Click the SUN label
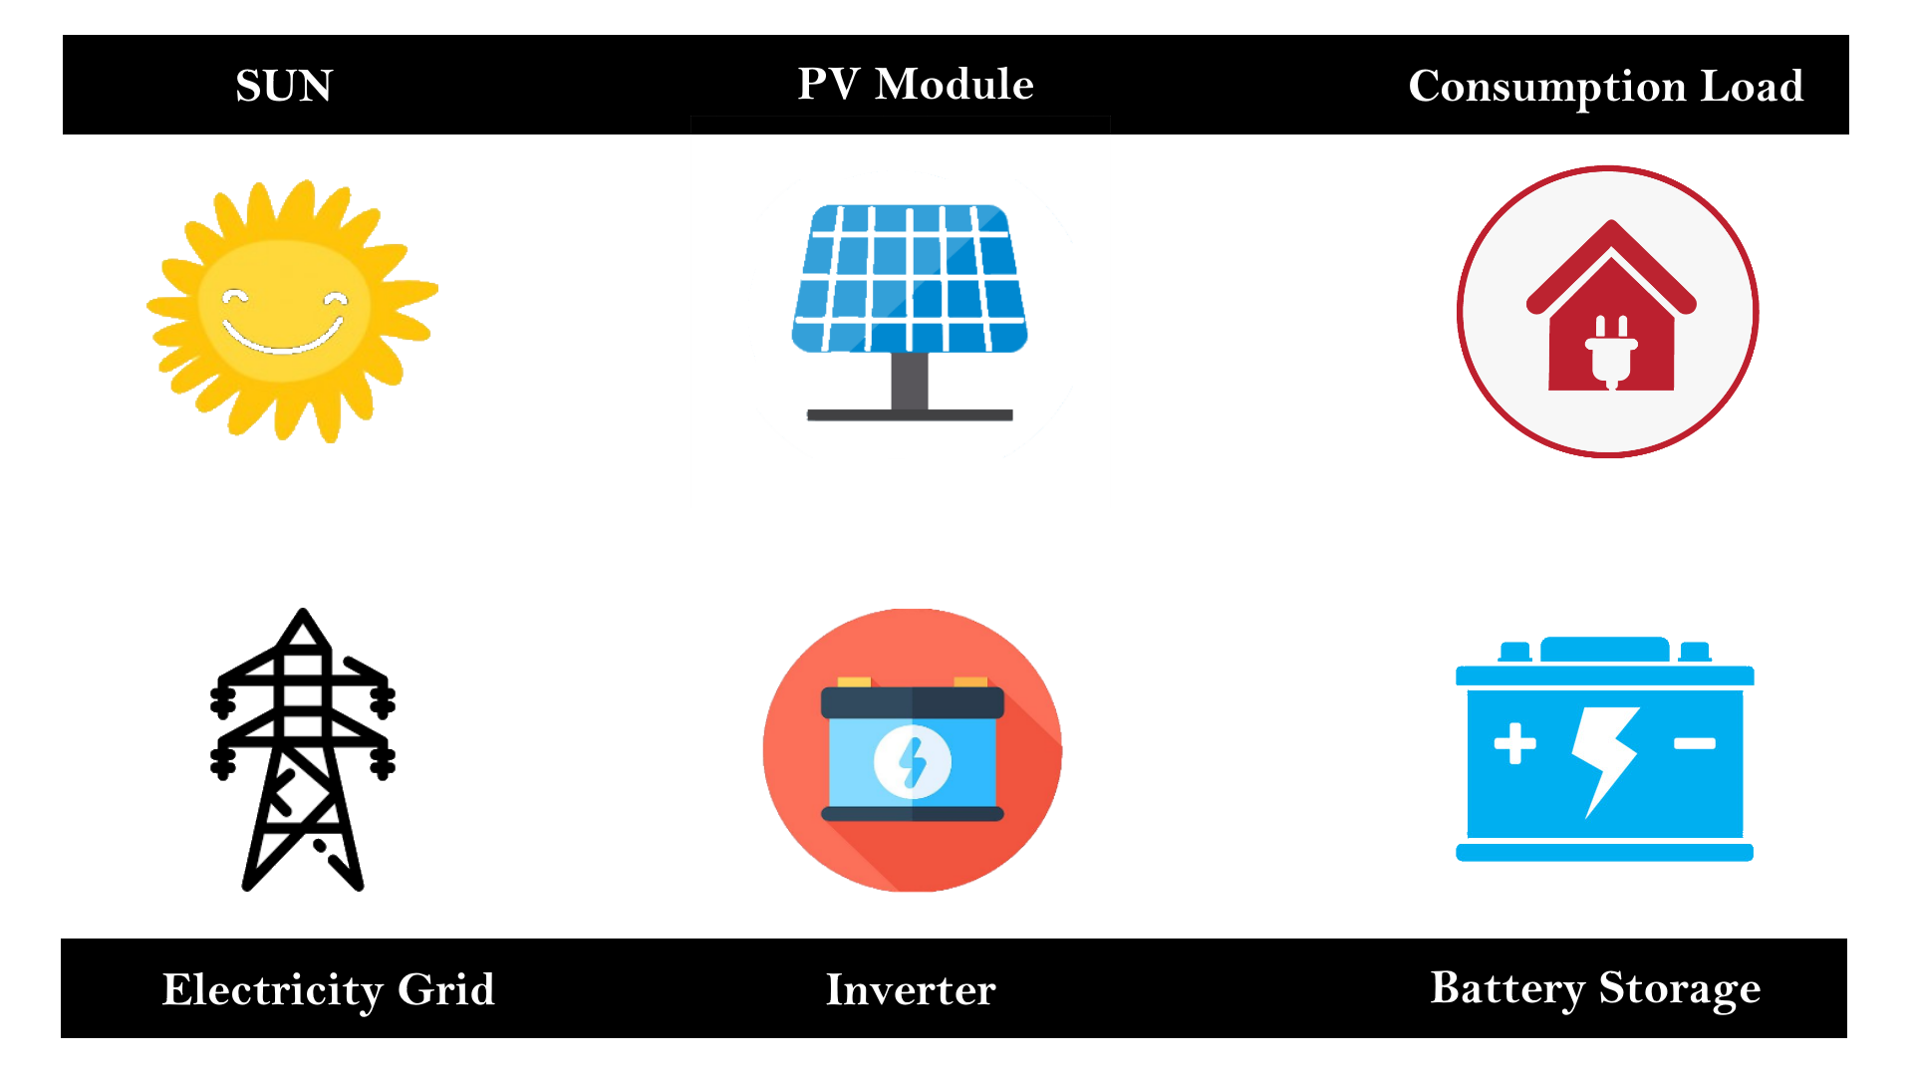coord(284,86)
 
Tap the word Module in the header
coord(954,84)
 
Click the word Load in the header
coord(1752,86)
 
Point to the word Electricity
coord(272,989)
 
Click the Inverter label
coord(911,989)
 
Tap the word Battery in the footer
coord(1506,988)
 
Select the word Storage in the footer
coord(1679,988)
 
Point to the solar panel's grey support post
coord(909,381)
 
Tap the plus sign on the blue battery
coord(1514,743)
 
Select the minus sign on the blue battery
coord(1694,743)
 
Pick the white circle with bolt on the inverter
coord(912,762)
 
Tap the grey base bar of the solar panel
coord(909,414)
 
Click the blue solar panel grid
coord(910,278)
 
